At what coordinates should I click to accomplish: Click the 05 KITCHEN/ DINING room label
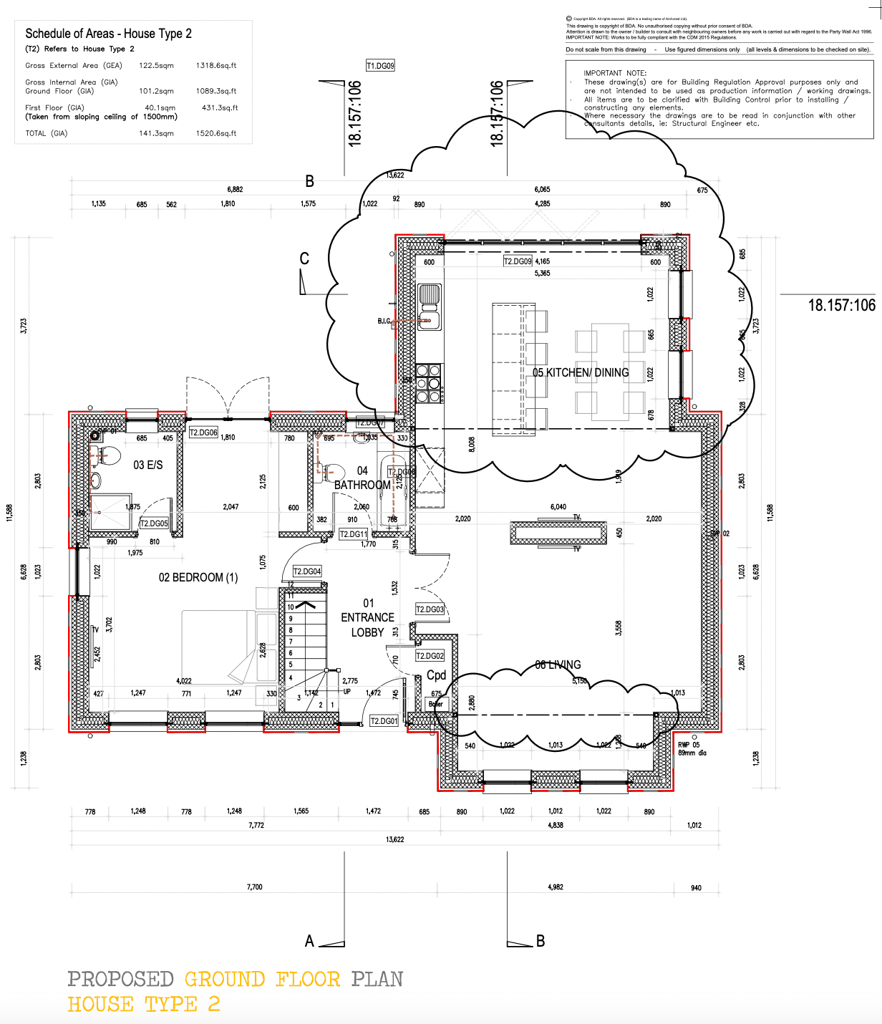pyautogui.click(x=581, y=372)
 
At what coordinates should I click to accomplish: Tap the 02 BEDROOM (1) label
pyautogui.click(x=198, y=577)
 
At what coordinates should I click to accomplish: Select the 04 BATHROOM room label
pyautogui.click(x=362, y=478)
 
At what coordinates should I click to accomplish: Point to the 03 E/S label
pyautogui.click(x=148, y=465)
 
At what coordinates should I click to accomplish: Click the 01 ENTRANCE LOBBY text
pyautogui.click(x=367, y=617)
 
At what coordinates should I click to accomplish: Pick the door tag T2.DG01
pyautogui.click(x=384, y=721)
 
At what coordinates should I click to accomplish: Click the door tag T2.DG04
pyautogui.click(x=307, y=571)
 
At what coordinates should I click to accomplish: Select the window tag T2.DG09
pyautogui.click(x=518, y=262)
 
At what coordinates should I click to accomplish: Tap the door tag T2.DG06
pyautogui.click(x=203, y=433)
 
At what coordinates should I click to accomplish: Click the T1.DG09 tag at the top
pyautogui.click(x=380, y=66)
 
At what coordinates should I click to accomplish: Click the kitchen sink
pyautogui.click(x=429, y=294)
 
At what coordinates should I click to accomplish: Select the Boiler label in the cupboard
pyautogui.click(x=436, y=704)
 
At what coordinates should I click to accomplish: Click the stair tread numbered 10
pyautogui.click(x=291, y=607)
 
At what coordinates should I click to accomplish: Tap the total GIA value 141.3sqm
pyautogui.click(x=156, y=133)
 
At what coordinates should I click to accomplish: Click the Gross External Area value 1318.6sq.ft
pyautogui.click(x=216, y=65)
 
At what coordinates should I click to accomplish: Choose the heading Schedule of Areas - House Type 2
pyautogui.click(x=108, y=34)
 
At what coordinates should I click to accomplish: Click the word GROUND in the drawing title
pyautogui.click(x=224, y=979)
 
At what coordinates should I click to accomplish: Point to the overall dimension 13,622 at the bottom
pyautogui.click(x=394, y=839)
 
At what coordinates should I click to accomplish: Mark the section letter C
pyautogui.click(x=304, y=259)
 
